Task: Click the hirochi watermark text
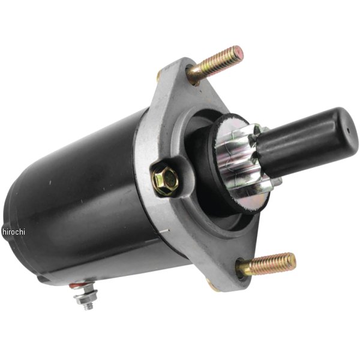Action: point(14,232)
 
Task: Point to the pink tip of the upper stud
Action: point(238,52)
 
